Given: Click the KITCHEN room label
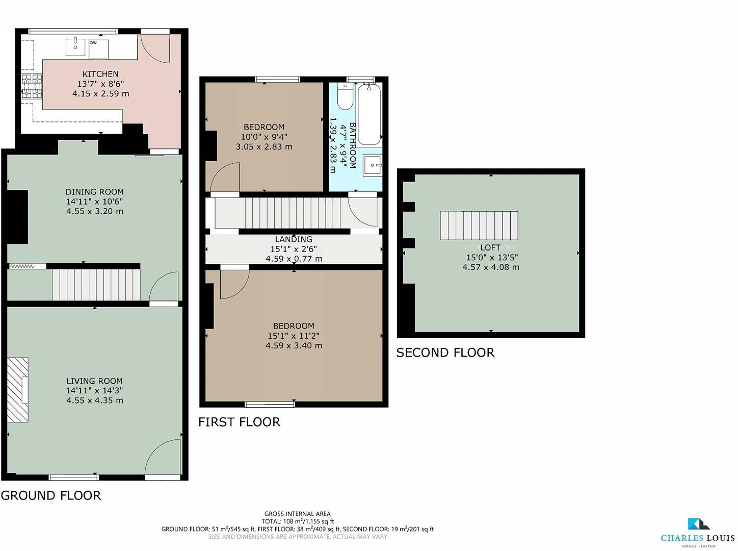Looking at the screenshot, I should point(100,74).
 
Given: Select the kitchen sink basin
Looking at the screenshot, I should point(75,46).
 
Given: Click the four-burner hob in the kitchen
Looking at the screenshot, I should point(31,86).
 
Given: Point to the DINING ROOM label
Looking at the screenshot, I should point(94,192).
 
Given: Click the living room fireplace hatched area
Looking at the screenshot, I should point(18,390).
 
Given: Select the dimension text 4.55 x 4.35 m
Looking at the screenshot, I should point(94,400).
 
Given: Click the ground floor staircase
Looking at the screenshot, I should point(96,285).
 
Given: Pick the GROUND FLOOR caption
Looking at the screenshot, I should point(51,495).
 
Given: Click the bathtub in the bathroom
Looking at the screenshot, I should point(368,114).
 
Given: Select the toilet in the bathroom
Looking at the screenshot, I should point(345,97).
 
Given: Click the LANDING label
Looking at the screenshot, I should point(294,239).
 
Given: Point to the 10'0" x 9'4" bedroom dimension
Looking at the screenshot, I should point(264,137).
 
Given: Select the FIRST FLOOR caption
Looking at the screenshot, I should point(239,422).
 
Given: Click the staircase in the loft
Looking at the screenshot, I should point(479,225).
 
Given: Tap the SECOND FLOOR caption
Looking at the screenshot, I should point(445,353).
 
